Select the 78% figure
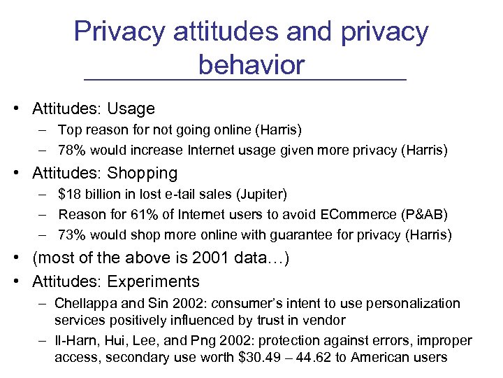pos(71,150)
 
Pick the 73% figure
pos(71,234)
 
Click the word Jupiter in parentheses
pos(260,193)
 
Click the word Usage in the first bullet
pos(131,109)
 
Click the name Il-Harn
pos(79,341)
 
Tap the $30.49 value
pos(270,358)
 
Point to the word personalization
pos(416,303)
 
